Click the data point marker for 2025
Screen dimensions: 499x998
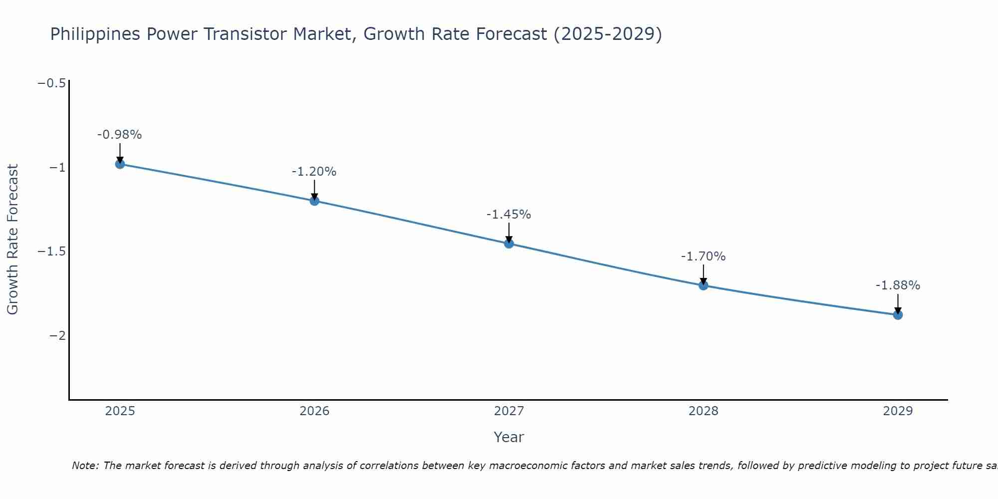120,164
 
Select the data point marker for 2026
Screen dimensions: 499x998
314,201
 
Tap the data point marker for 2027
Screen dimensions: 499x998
508,244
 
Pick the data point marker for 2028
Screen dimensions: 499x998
703,285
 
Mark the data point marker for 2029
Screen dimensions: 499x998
898,315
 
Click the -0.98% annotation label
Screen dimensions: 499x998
119,135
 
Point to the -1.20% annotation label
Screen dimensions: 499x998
314,172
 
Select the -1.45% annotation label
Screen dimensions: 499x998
508,215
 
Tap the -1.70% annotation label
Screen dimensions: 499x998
703,256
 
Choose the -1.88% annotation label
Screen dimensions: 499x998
898,285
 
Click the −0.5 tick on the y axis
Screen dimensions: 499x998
52,83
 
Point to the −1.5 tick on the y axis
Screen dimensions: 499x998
52,251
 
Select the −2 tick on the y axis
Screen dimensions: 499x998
57,336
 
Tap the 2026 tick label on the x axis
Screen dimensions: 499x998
314,411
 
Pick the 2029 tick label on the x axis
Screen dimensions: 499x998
898,411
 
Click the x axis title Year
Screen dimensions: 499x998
508,437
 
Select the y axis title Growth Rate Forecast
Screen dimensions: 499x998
12,240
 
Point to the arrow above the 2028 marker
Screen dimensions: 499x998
703,274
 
